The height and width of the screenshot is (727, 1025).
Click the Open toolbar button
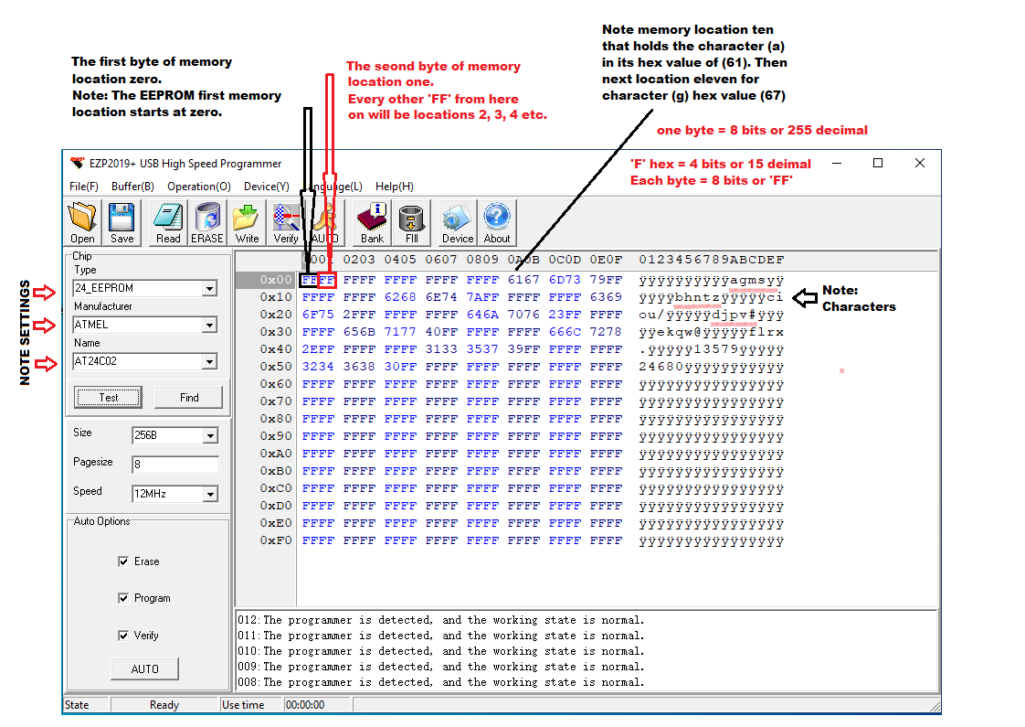82,223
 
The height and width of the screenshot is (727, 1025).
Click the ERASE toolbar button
207,223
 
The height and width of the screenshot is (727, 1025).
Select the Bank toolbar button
372,223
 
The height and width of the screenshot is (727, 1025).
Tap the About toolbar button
497,223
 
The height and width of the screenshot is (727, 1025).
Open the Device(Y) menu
266,186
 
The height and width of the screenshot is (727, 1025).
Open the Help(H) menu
394,186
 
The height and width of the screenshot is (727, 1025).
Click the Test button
109,397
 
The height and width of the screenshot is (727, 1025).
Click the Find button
189,397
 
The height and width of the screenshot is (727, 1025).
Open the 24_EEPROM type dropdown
209,289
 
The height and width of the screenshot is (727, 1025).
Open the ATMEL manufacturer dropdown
209,326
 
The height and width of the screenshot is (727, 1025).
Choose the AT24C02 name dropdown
209,362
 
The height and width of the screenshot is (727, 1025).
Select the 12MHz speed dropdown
210,495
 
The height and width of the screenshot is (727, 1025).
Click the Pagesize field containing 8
174,465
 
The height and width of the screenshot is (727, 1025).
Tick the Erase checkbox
123,561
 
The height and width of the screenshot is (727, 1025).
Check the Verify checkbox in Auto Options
123,636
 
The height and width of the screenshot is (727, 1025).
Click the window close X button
919,164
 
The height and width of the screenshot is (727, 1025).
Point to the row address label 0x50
275,367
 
